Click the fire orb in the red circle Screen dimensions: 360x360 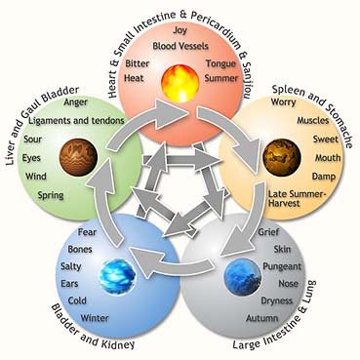pyautogui.click(x=180, y=84)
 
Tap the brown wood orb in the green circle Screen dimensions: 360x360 pyautogui.click(x=78, y=157)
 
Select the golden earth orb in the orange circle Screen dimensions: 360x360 pyautogui.click(x=282, y=157)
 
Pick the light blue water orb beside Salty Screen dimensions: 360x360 pyautogui.click(x=117, y=276)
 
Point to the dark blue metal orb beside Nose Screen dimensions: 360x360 pyautogui.click(x=243, y=277)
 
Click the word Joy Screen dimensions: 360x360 pyautogui.click(x=180, y=31)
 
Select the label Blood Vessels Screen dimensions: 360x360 pyautogui.click(x=180, y=46)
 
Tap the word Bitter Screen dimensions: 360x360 pyautogui.click(x=138, y=63)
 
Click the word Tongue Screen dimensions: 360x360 pyautogui.click(x=220, y=63)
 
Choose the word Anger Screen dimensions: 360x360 pyautogui.click(x=76, y=102)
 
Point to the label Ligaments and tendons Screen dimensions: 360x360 pyautogui.click(x=77, y=121)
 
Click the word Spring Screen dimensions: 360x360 pyautogui.click(x=51, y=196)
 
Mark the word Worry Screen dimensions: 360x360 pyautogui.click(x=283, y=102)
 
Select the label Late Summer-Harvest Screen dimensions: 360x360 pyautogui.click(x=297, y=199)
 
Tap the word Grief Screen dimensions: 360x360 pyautogui.click(x=268, y=232)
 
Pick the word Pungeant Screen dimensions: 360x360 pyautogui.click(x=282, y=267)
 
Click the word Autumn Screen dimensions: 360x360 pyautogui.click(x=262, y=318)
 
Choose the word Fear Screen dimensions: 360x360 pyautogui.click(x=87, y=232)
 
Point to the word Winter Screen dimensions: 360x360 pyautogui.click(x=95, y=318)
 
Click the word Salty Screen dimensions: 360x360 pyautogui.click(x=70, y=266)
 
